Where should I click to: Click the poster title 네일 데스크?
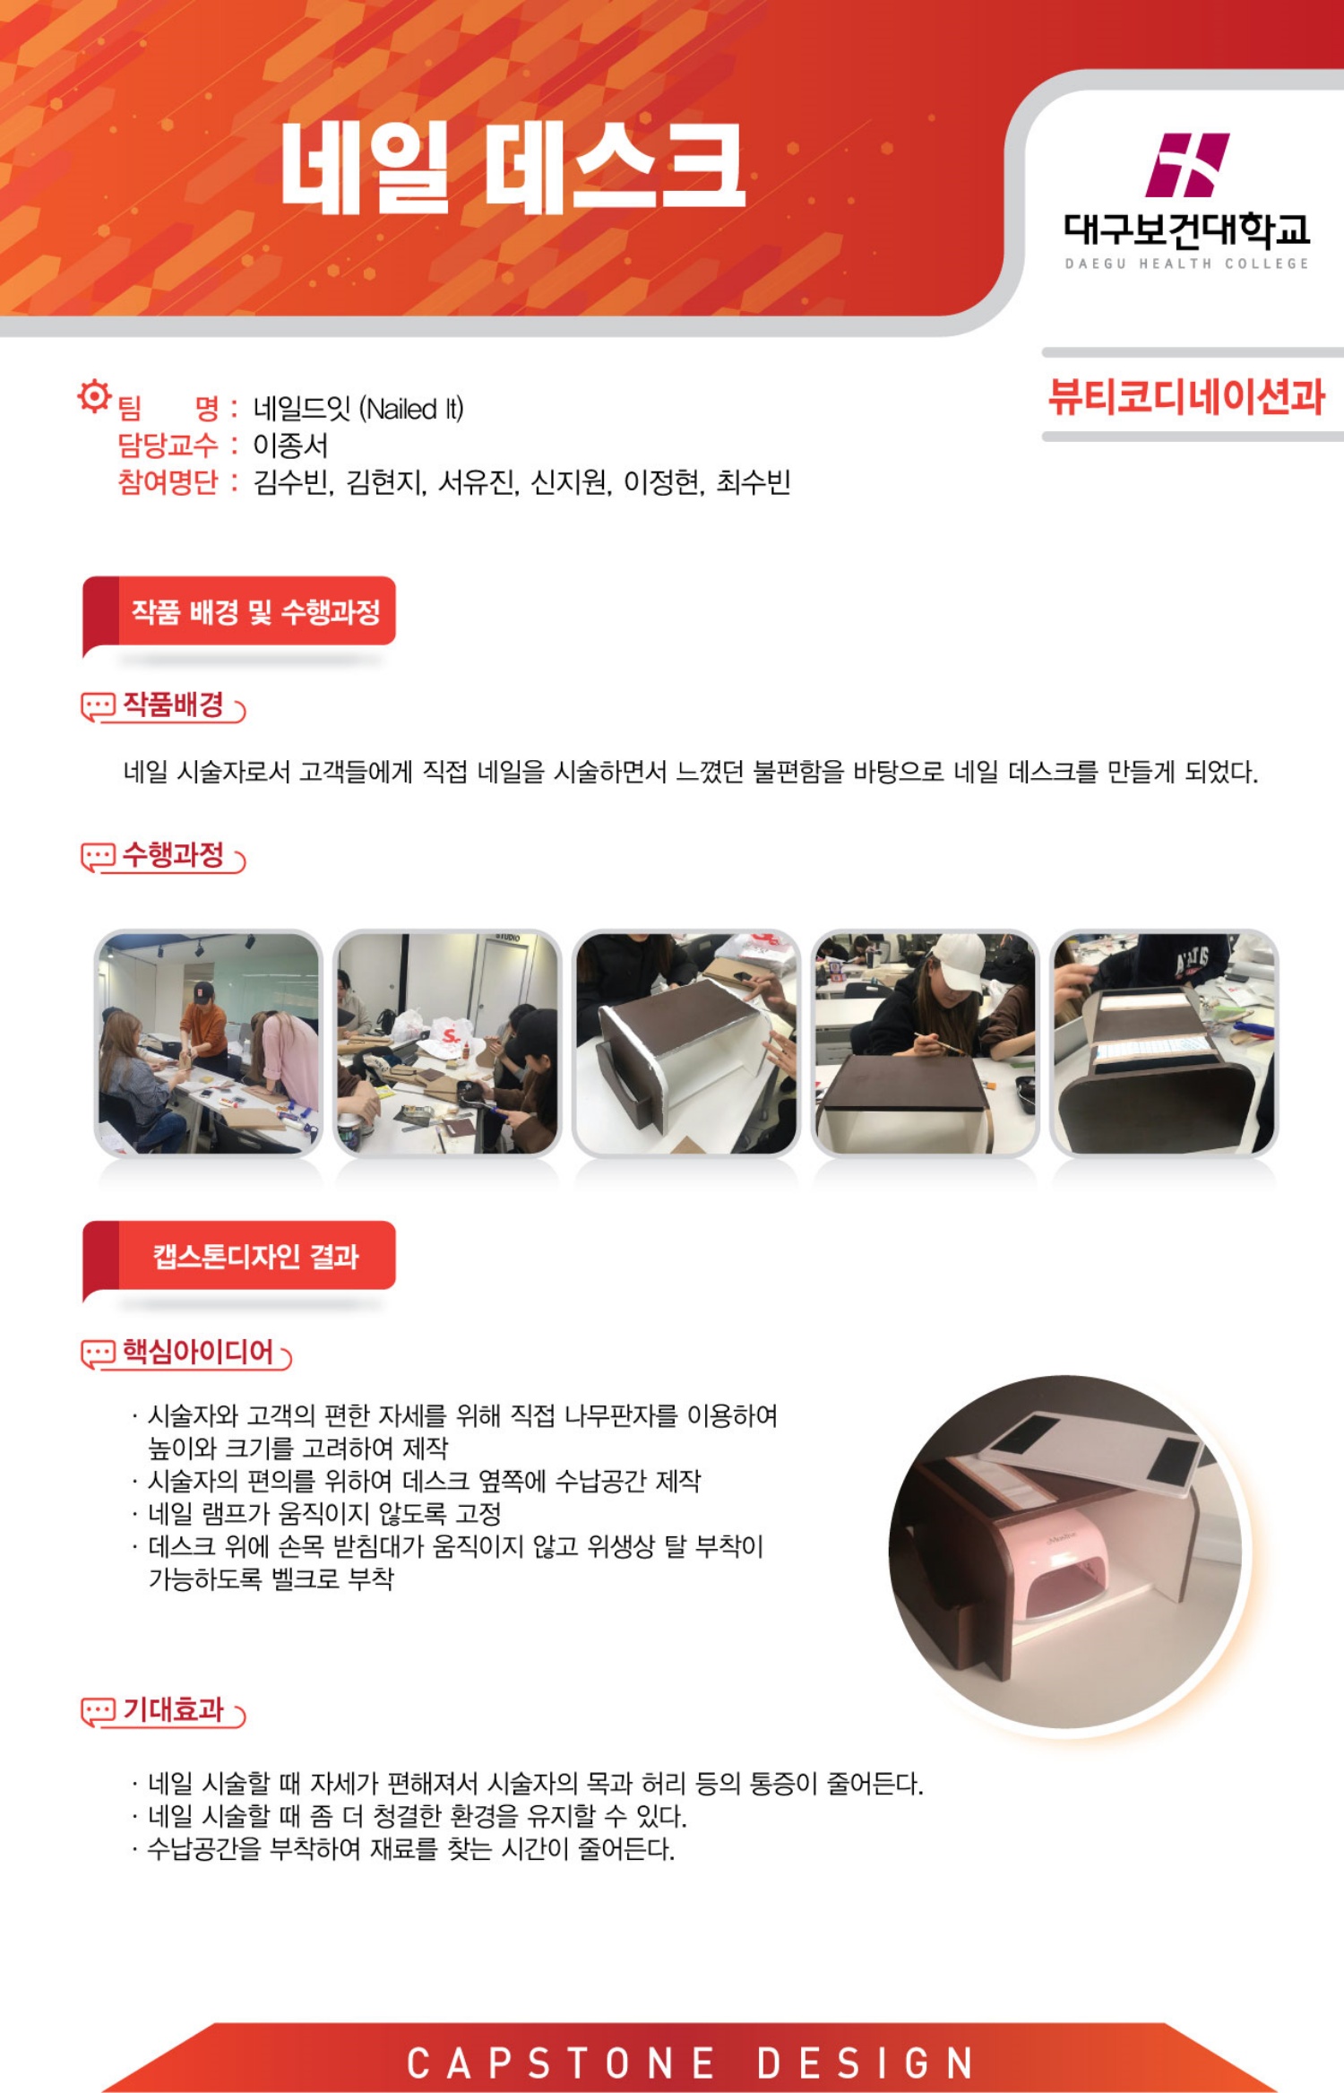click(x=513, y=168)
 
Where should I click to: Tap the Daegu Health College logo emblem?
click(x=1187, y=165)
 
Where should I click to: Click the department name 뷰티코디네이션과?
click(x=1186, y=396)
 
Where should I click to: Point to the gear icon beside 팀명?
click(x=93, y=395)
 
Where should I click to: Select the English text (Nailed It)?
click(x=411, y=410)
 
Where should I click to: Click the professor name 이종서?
click(x=290, y=445)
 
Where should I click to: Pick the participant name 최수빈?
click(x=753, y=482)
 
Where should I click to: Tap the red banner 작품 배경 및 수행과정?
click(x=239, y=612)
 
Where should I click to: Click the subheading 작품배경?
click(x=173, y=705)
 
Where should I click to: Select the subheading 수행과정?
click(x=173, y=854)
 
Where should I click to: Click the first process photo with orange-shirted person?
click(x=208, y=1043)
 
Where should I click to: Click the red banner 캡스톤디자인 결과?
click(x=239, y=1257)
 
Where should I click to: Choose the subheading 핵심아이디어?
click(x=198, y=1351)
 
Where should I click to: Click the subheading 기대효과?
click(x=173, y=1709)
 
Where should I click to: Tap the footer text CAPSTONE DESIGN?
click(x=690, y=2063)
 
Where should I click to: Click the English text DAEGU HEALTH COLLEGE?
click(x=1186, y=264)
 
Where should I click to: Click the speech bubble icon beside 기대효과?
click(x=98, y=1710)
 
